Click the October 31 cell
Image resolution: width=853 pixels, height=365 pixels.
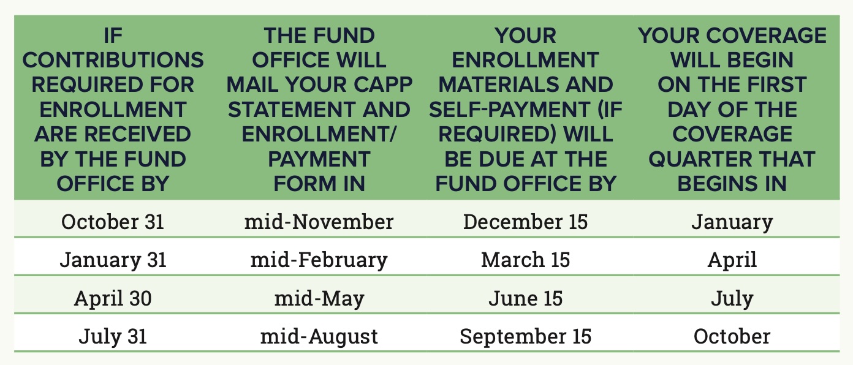point(113,222)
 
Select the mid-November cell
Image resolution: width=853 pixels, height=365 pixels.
point(319,222)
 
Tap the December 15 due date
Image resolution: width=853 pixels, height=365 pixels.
point(526,222)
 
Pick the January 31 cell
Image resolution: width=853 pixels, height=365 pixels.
point(113,260)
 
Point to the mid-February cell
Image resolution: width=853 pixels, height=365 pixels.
point(319,260)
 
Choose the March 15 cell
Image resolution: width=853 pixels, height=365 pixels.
point(526,260)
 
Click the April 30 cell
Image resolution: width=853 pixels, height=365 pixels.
point(113,298)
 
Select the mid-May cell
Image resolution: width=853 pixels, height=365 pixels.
point(319,299)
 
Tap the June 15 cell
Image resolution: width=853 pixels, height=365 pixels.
point(526,298)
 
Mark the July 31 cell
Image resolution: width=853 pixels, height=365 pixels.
point(113,337)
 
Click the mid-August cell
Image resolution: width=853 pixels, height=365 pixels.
point(319,337)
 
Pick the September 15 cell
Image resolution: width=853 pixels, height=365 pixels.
point(526,337)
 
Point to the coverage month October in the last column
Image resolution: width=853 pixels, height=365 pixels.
point(732,336)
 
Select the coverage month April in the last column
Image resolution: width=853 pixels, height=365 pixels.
point(732,260)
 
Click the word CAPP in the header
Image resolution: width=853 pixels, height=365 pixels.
point(383,85)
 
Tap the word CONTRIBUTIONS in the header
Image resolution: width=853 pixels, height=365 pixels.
point(113,60)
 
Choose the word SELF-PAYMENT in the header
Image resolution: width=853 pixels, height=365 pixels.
point(509,110)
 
